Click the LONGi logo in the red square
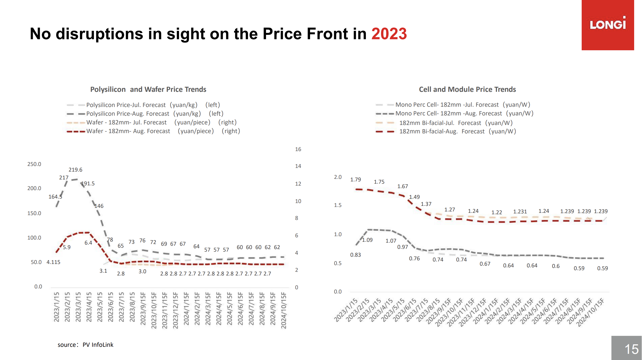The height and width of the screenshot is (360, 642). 608,23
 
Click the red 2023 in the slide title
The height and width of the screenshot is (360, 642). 389,34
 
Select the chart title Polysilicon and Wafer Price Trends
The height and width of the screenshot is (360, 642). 148,89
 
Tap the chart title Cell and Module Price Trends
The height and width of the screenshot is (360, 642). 467,89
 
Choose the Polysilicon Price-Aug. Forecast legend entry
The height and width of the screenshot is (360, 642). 145,114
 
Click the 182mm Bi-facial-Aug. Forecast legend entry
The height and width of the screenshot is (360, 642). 446,131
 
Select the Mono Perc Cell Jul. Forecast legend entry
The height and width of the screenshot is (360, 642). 453,105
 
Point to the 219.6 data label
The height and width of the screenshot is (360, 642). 75,170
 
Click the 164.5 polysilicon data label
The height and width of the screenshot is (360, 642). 55,197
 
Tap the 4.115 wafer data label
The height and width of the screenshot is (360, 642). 53,262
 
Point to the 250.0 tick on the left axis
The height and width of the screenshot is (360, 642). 34,164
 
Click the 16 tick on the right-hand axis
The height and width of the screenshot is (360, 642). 298,149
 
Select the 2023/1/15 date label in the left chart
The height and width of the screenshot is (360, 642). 57,307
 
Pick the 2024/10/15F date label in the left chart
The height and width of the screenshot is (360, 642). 284,310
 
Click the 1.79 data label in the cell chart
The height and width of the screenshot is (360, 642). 356,179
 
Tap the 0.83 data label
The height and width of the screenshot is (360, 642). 356,255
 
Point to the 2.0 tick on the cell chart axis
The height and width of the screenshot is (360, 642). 338,177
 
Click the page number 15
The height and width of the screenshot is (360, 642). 631,349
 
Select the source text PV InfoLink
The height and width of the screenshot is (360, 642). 98,345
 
